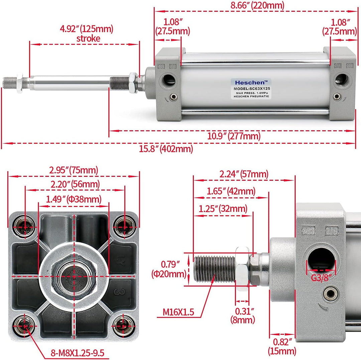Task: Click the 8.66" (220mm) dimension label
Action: (x=257, y=5)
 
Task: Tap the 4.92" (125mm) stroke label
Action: (x=87, y=34)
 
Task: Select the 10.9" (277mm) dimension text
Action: (x=234, y=136)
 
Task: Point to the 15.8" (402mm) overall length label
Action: (x=166, y=149)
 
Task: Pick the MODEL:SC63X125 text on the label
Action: (x=252, y=89)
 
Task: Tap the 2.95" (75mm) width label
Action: (x=74, y=170)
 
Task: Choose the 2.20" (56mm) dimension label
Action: (x=75, y=184)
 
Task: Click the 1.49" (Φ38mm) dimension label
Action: (x=74, y=199)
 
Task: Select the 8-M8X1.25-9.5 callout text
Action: (x=78, y=353)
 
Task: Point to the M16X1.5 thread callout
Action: (x=178, y=312)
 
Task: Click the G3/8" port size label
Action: (x=321, y=278)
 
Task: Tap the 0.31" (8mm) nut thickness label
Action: (x=243, y=316)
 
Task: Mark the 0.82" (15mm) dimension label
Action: (x=282, y=346)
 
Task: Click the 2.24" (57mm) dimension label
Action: (x=244, y=174)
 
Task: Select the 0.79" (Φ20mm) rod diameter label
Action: (x=169, y=269)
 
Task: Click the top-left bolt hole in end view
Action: (x=25, y=227)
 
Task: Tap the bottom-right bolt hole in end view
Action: (x=124, y=326)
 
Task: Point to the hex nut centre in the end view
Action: (x=74, y=276)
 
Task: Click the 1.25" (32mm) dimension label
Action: (x=223, y=209)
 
